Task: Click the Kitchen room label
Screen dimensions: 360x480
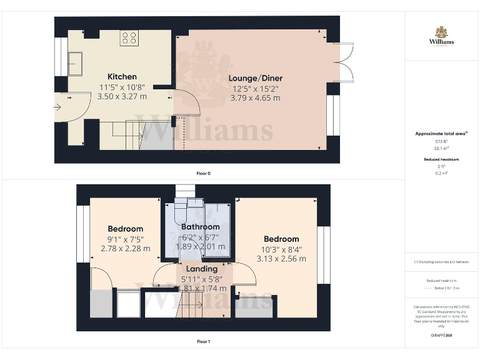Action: [x=122, y=77]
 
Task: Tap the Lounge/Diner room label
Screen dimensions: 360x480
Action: [x=255, y=78]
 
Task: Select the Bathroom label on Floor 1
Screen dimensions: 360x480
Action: [x=200, y=226]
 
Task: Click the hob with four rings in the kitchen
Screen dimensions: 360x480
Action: [x=129, y=37]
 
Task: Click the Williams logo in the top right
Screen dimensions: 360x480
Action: [x=441, y=36]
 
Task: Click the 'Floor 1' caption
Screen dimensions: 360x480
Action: [x=203, y=342]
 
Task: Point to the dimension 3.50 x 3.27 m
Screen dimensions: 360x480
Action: [x=122, y=96]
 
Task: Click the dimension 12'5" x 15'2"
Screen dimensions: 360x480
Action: [x=255, y=88]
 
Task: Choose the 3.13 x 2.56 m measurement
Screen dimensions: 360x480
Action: [x=281, y=259]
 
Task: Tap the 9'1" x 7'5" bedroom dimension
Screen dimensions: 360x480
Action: [x=125, y=239]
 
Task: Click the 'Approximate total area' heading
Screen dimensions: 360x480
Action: [x=441, y=134]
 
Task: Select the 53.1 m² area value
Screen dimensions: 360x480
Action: [x=441, y=149]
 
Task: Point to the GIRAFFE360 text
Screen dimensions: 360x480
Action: [x=441, y=336]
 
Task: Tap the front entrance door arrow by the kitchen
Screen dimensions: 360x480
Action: [x=58, y=107]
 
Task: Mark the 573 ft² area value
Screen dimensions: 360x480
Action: [x=441, y=142]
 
